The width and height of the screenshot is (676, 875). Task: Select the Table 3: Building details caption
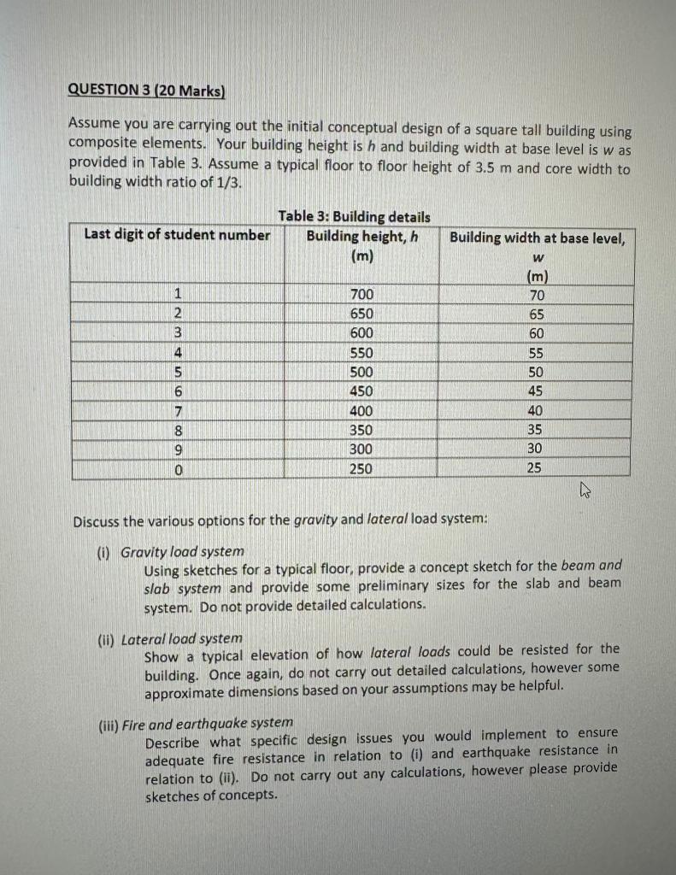pyautogui.click(x=354, y=217)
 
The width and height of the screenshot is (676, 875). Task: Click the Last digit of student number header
pyautogui.click(x=177, y=235)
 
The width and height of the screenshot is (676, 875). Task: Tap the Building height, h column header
pyautogui.click(x=362, y=237)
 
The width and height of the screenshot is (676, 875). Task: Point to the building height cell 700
pyautogui.click(x=362, y=296)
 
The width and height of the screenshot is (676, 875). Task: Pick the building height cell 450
pyautogui.click(x=362, y=391)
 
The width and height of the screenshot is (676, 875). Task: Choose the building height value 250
pyautogui.click(x=362, y=468)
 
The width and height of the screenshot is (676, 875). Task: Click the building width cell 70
pyautogui.click(x=536, y=296)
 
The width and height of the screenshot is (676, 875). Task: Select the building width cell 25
pyautogui.click(x=535, y=468)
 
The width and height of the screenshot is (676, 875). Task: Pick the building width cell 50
pyautogui.click(x=536, y=373)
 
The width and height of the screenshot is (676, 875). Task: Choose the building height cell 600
pyautogui.click(x=362, y=334)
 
